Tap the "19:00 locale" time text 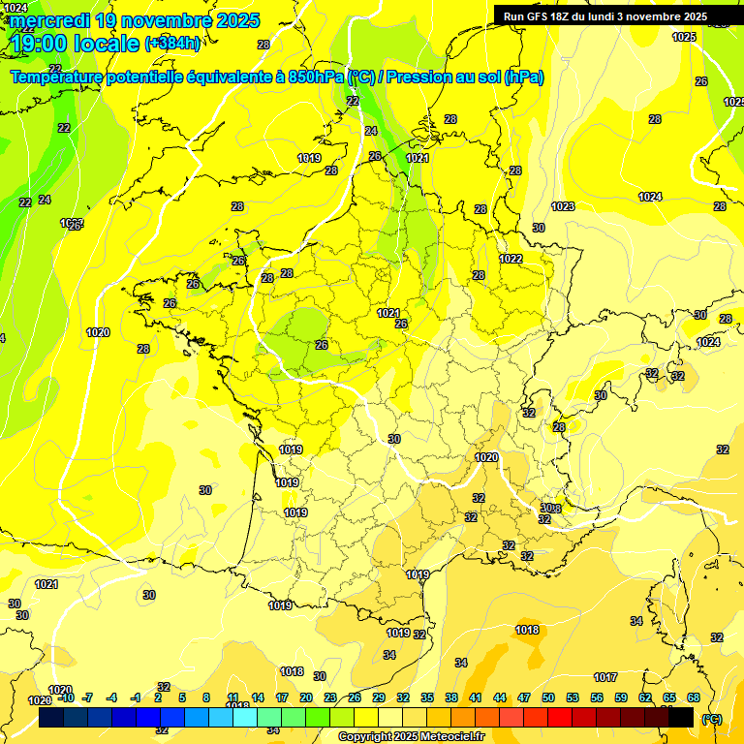(x=74, y=43)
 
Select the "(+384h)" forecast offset (x=172, y=43)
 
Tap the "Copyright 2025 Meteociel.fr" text (x=412, y=736)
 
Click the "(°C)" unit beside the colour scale (x=711, y=719)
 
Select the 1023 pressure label (x=563, y=206)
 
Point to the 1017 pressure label (x=606, y=677)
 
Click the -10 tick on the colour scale (x=66, y=697)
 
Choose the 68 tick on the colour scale (x=694, y=697)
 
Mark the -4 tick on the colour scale (x=111, y=697)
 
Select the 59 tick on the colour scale (x=621, y=697)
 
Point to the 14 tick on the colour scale (x=258, y=697)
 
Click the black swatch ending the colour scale (x=681, y=717)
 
